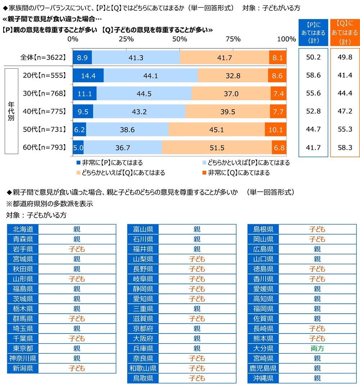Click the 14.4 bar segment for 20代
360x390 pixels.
pos(88,76)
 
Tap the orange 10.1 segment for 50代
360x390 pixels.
pos(276,129)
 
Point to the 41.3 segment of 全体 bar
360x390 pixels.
pos(136,58)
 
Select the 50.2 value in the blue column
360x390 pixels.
pos(313,58)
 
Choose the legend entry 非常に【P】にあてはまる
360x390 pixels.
pos(108,163)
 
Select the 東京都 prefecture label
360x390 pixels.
pos(23,348)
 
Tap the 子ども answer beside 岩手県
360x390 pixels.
pos(77,249)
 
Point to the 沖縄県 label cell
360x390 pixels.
pos(263,378)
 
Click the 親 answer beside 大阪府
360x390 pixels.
pos(197,339)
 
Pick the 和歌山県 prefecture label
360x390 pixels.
pos(143,368)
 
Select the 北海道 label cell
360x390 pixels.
pos(23,229)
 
